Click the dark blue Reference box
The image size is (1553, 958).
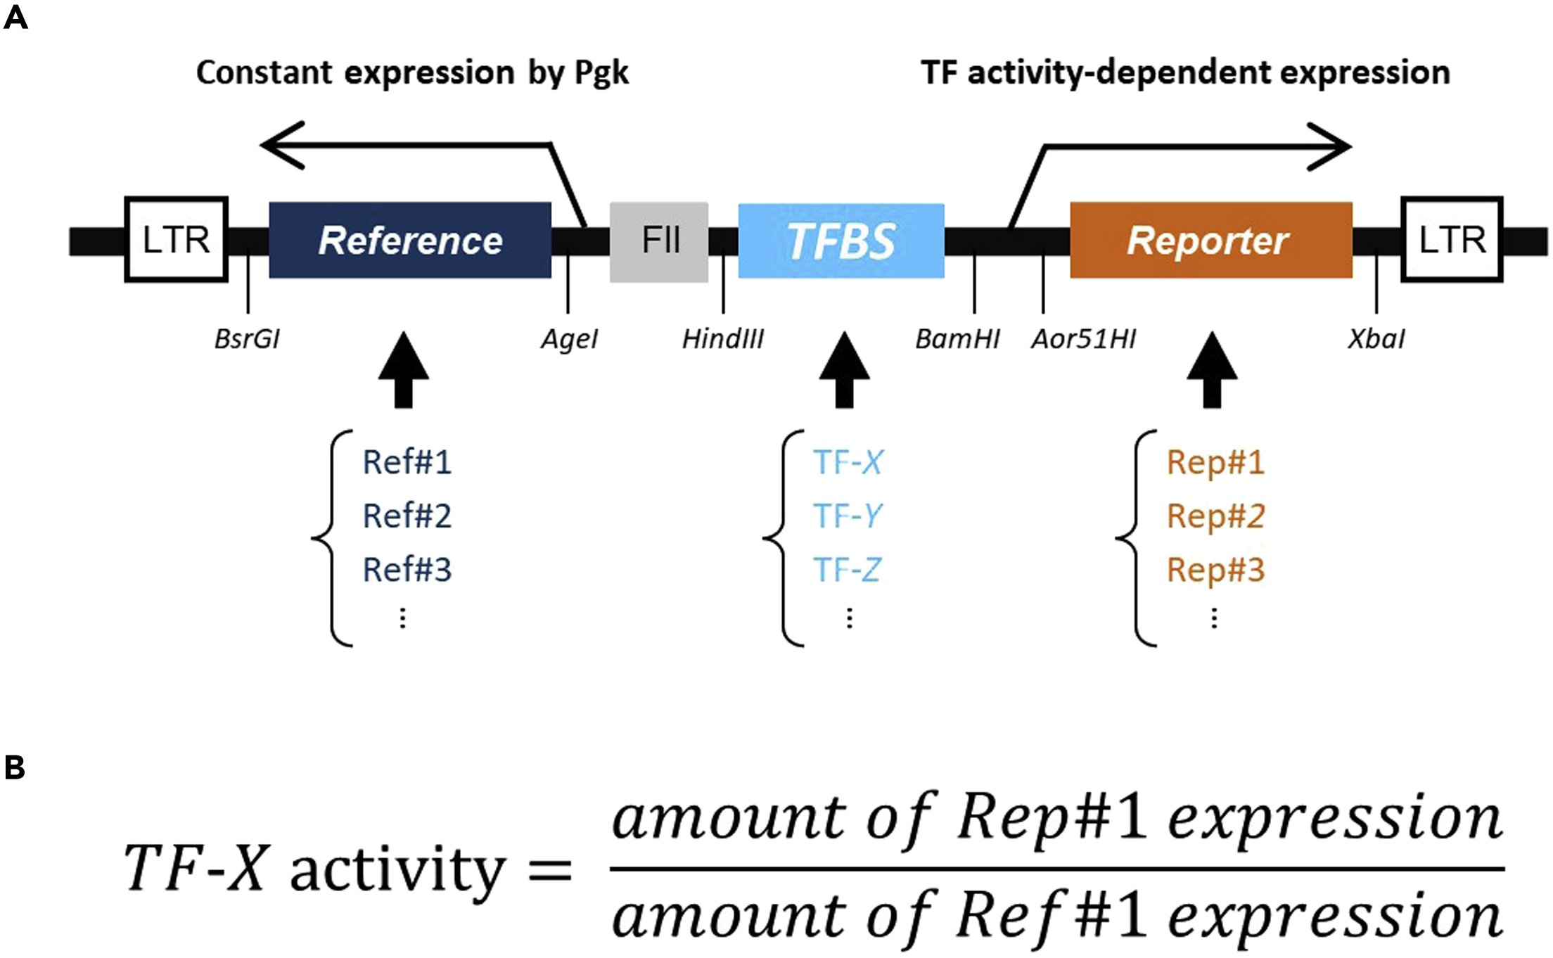[410, 241]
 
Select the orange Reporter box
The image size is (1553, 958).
[1210, 241]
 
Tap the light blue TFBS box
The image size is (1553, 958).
[841, 241]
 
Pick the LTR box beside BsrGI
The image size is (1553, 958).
[177, 240]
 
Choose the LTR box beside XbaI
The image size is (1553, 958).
[1452, 240]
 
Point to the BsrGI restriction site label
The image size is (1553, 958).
[247, 339]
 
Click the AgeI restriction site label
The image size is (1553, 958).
[569, 339]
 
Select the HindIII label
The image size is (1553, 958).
[722, 339]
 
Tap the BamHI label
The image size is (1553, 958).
[957, 339]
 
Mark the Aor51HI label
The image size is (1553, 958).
[1083, 339]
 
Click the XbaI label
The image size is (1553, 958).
[1376, 339]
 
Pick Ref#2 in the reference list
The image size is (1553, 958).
[407, 516]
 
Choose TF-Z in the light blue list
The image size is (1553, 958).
[847, 569]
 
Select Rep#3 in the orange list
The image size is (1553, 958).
[1215, 569]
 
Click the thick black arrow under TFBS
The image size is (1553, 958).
[844, 371]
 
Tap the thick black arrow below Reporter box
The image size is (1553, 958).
[1212, 371]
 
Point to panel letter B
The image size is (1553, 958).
[15, 767]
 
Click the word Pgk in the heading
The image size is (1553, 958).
[601, 73]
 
